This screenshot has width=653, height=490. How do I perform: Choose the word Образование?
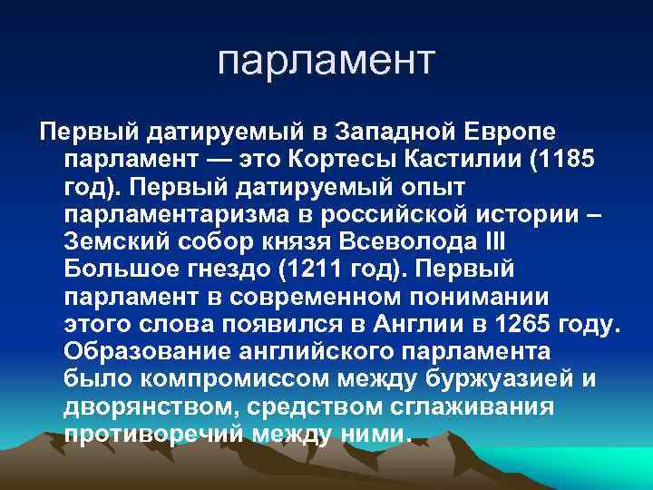(x=155, y=351)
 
